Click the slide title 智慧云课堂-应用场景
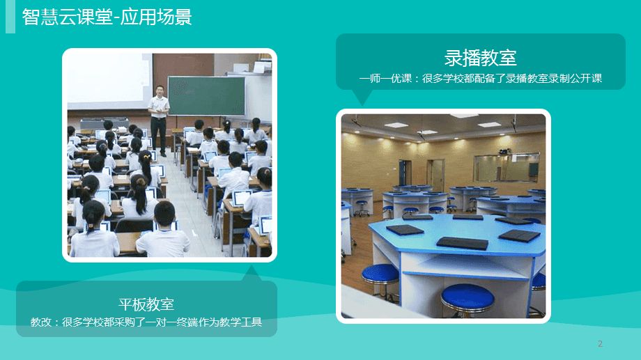(x=107, y=17)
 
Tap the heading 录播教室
(x=481, y=58)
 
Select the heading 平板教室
(x=146, y=304)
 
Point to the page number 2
(x=600, y=344)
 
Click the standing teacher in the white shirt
(x=159, y=120)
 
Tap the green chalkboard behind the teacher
(x=206, y=95)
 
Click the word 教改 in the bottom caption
(x=41, y=322)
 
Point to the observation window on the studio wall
(x=507, y=167)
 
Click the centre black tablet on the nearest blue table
(x=462, y=243)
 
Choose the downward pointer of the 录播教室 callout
(x=362, y=98)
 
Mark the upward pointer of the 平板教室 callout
(x=252, y=274)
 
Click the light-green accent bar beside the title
(x=10, y=16)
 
